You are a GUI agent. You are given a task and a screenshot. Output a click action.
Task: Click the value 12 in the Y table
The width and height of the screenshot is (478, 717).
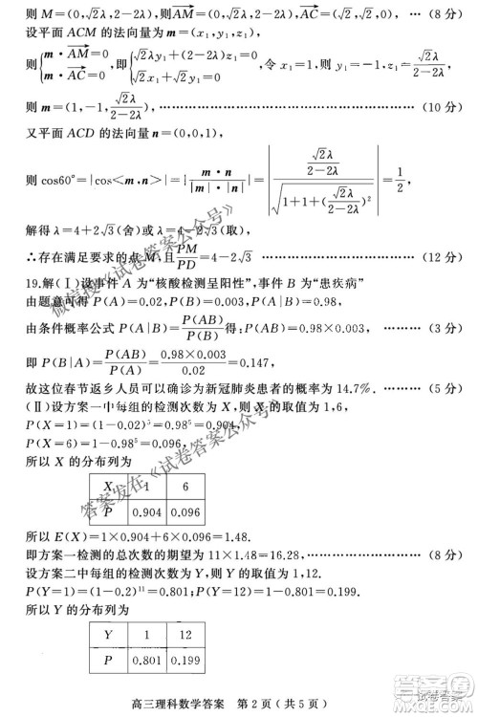coord(187,634)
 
